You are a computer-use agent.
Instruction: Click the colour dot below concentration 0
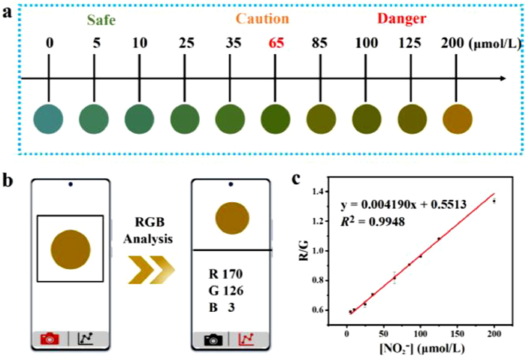point(49,119)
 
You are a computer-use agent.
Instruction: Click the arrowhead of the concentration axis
point(498,78)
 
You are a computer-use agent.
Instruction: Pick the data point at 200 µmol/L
point(494,201)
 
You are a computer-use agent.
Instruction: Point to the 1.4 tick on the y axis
point(319,192)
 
